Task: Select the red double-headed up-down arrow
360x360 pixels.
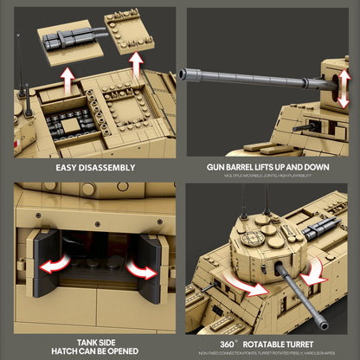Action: (x=331, y=82)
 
